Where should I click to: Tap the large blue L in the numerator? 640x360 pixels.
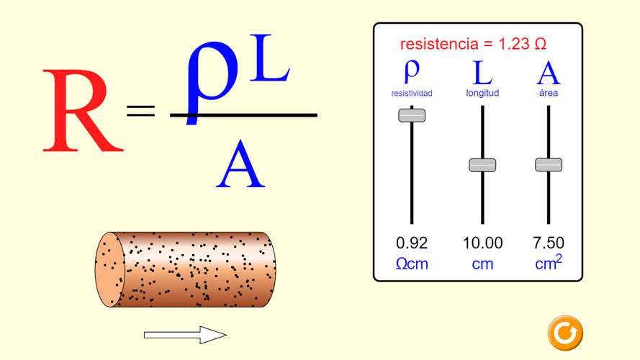269,58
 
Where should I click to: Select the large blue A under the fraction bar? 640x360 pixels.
240,164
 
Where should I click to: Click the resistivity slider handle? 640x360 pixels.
412,115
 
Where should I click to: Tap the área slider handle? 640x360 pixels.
549,164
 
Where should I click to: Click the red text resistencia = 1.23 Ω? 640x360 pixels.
473,44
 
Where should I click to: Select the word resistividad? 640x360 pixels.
412,94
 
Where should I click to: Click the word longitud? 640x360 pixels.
482,93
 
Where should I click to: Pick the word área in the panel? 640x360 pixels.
549,93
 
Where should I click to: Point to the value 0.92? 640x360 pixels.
412,243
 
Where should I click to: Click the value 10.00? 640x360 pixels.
482,243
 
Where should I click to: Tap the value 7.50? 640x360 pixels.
549,243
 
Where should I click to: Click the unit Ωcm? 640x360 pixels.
412,264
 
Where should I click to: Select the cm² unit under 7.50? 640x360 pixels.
549,262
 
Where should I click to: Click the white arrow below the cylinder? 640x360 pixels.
185,335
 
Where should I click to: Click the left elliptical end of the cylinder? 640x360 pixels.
110,269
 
